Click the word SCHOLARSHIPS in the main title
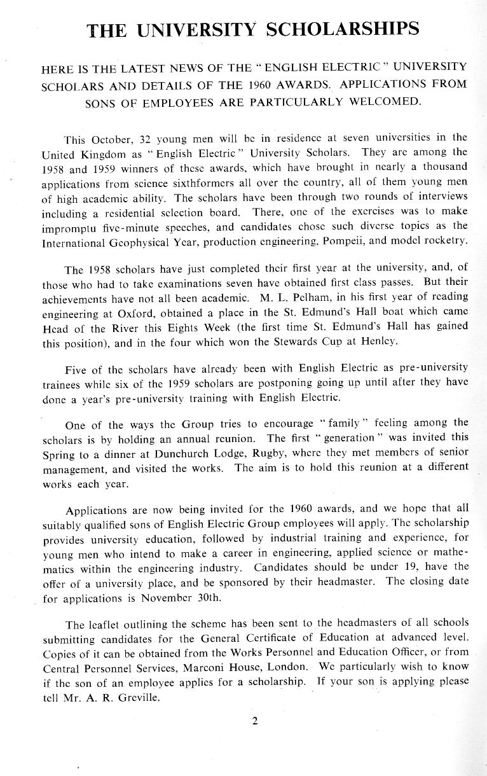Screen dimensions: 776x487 [344, 30]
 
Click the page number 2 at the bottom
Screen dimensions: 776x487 [255, 721]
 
